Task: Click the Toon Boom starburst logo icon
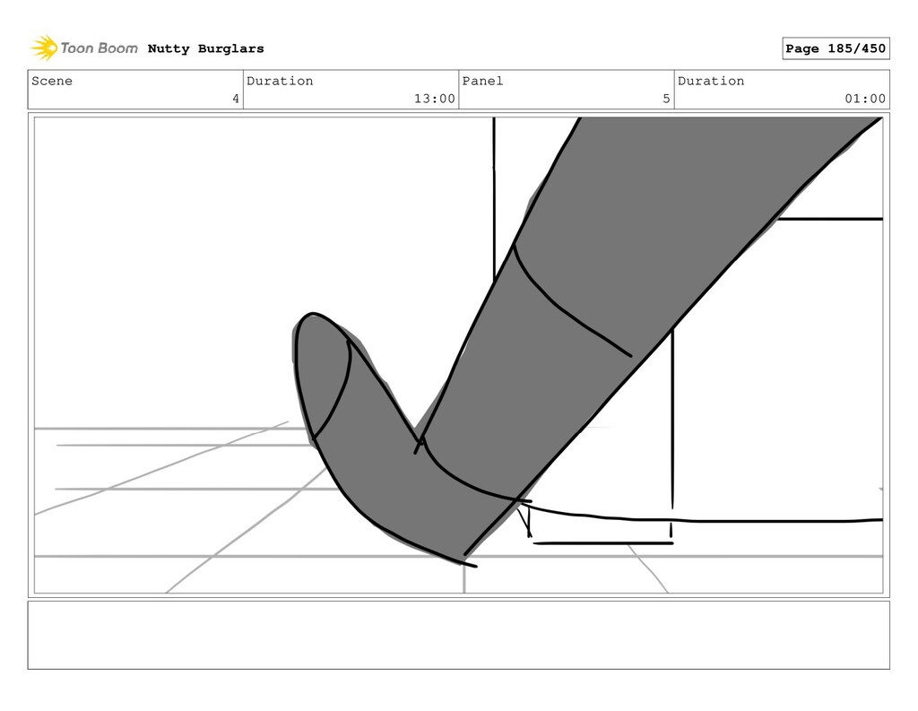tap(44, 48)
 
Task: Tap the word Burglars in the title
tap(230, 48)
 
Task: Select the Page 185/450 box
tap(836, 48)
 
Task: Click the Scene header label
tap(52, 81)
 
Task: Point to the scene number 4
tap(236, 99)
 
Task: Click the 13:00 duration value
tap(435, 99)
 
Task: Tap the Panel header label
tap(482, 81)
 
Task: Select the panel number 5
tap(666, 99)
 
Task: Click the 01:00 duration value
tap(865, 99)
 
